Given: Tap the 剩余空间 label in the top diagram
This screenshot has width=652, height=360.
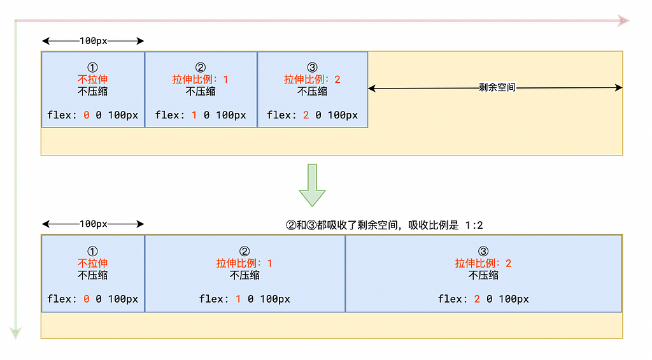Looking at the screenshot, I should (497, 88).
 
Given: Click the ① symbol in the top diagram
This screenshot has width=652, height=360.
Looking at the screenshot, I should (93, 67).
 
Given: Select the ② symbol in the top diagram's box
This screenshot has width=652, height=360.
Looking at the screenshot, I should (201, 67).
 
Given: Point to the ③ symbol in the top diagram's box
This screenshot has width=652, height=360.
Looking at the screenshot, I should (312, 67).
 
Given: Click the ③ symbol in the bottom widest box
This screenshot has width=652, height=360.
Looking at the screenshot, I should (483, 250).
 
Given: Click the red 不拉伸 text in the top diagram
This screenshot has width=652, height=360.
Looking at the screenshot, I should (93, 79).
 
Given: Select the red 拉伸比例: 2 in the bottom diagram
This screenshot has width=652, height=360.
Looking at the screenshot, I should (483, 263).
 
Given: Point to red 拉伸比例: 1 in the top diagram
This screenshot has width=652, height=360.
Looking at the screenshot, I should (201, 79).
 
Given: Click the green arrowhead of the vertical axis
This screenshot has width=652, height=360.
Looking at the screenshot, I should (15, 333).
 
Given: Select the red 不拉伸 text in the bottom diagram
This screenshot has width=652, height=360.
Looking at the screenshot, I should (93, 263).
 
